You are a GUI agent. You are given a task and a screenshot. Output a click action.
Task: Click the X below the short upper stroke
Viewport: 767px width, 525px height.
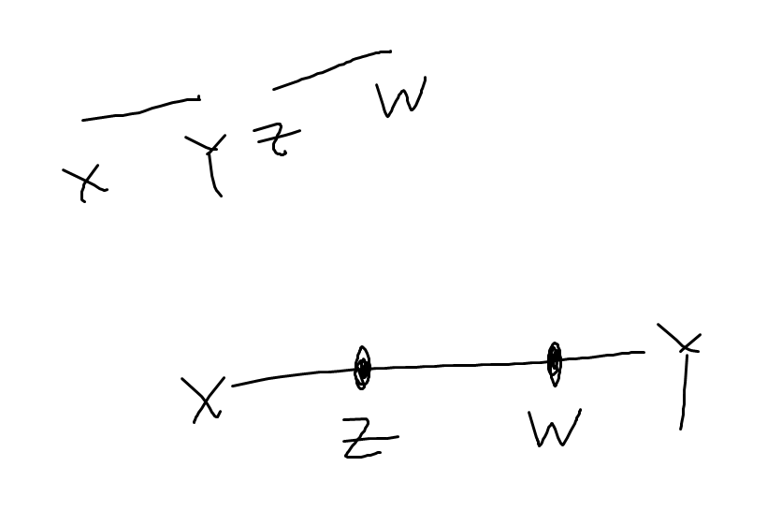(x=84, y=182)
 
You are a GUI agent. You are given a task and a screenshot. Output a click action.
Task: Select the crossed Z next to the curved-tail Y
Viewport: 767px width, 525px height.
(x=276, y=139)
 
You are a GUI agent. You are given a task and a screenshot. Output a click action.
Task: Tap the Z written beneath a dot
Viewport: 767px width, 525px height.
(x=367, y=440)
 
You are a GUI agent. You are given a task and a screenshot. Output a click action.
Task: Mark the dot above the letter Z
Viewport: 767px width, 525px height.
(x=363, y=369)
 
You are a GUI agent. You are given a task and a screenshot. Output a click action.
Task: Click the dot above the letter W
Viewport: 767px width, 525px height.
(x=554, y=358)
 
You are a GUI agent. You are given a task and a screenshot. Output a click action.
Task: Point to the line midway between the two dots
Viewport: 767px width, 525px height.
(x=458, y=365)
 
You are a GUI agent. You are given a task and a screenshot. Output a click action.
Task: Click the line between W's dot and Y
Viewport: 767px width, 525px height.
(x=600, y=356)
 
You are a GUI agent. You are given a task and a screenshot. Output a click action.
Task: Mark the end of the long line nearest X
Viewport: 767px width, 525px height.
(x=234, y=385)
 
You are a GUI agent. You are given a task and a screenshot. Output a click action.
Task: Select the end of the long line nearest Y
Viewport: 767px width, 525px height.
(x=644, y=352)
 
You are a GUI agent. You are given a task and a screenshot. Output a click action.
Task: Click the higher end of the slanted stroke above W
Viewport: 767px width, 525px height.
(x=389, y=51)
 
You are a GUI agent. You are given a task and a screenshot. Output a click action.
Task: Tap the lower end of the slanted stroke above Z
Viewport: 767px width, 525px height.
(x=274, y=89)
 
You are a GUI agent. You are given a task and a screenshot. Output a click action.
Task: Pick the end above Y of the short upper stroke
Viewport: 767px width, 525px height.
(x=198, y=97)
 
